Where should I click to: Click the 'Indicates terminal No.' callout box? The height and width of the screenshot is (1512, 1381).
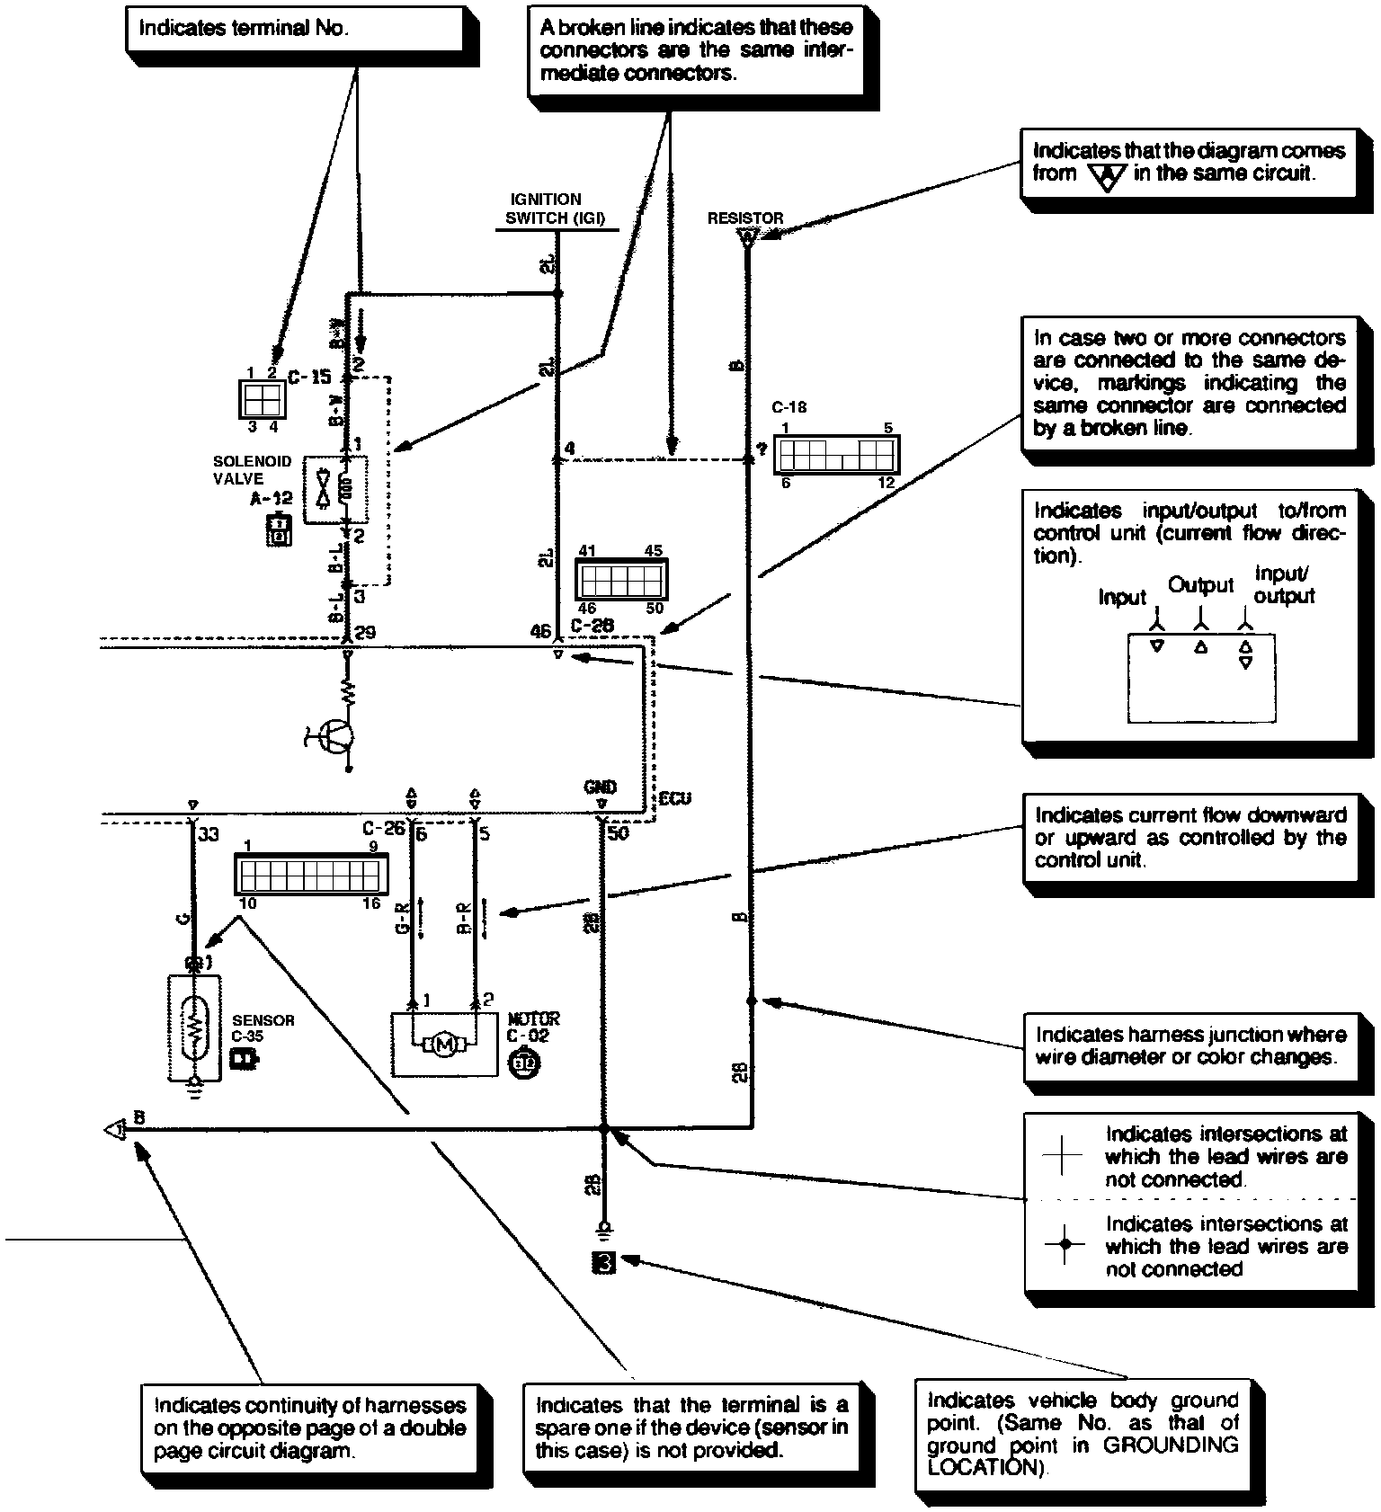[292, 29]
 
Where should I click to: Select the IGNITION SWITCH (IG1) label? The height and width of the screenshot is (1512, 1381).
[556, 209]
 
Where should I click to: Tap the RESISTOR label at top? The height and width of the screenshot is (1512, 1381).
[744, 218]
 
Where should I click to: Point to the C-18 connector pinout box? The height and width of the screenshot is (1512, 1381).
[835, 455]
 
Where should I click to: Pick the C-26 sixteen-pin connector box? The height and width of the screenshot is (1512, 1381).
[311, 874]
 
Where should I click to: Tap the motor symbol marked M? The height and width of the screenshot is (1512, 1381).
[444, 1044]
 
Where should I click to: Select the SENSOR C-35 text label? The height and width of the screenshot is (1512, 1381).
[263, 1027]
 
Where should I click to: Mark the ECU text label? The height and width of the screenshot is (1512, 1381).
[674, 799]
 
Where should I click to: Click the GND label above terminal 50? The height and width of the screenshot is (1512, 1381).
[600, 787]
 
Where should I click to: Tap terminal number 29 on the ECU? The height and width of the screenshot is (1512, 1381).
[365, 633]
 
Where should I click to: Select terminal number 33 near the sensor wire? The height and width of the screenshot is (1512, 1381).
[209, 834]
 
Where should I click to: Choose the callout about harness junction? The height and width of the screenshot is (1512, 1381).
[1190, 1045]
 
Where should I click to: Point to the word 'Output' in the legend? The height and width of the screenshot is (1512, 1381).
[1200, 585]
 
